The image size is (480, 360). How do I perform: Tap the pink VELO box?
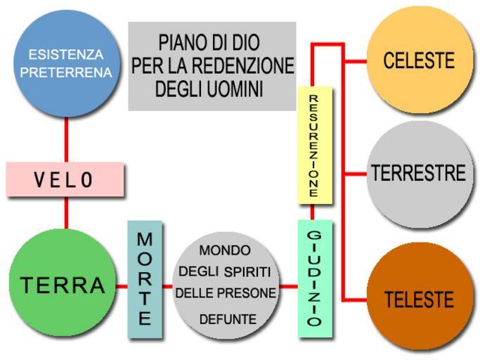[x=65, y=180]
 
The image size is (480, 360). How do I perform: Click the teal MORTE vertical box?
[x=145, y=280]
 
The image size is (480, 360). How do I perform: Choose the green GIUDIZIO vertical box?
[x=315, y=278]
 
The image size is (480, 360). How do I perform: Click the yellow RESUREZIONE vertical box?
[x=314, y=144]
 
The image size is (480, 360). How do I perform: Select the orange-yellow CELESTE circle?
[x=419, y=60]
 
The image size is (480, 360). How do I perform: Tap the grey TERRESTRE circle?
[x=419, y=173]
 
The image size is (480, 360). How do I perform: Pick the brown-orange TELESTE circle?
[x=419, y=300]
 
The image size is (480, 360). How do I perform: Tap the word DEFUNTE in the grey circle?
[x=228, y=319]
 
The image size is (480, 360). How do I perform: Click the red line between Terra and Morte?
[x=122, y=286]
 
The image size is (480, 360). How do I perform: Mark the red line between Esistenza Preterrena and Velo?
[x=67, y=140]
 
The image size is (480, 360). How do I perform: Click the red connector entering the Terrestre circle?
[x=357, y=173]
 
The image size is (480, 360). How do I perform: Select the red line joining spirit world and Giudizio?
[x=288, y=286]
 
